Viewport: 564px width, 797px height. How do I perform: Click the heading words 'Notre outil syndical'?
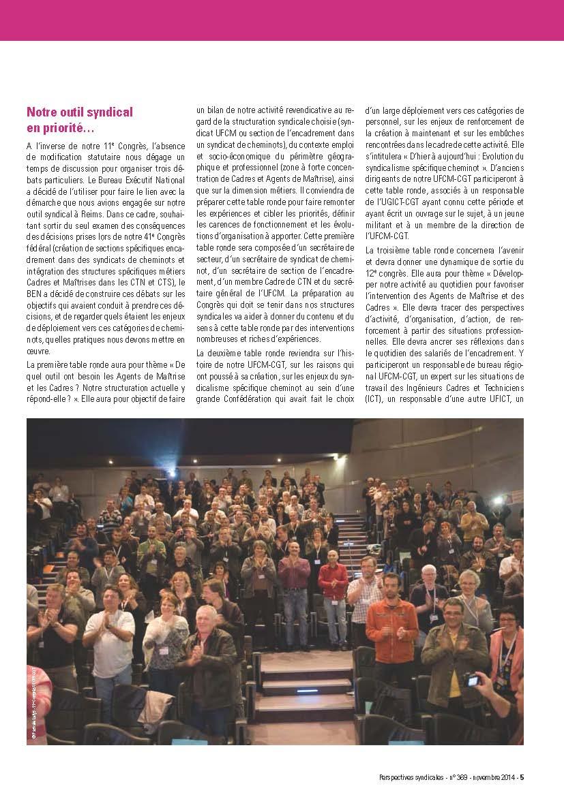click(x=79, y=112)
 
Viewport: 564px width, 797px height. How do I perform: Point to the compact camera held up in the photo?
click(x=471, y=679)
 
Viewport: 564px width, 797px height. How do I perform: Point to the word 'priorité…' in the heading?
click(x=65, y=127)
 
